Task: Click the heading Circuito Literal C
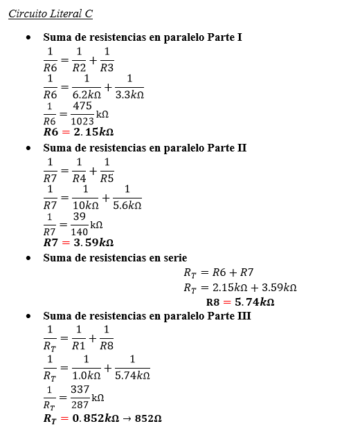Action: click(x=51, y=14)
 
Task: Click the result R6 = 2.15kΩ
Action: click(x=78, y=132)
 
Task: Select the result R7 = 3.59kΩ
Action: click(x=78, y=243)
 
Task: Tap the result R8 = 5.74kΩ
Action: click(x=240, y=302)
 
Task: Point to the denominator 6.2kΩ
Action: click(x=87, y=95)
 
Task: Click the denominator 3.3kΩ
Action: click(x=129, y=95)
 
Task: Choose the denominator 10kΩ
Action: click(x=85, y=205)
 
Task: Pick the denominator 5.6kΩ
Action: click(x=127, y=205)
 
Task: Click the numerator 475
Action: click(x=82, y=107)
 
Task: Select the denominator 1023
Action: click(x=82, y=121)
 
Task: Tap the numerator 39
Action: click(x=80, y=217)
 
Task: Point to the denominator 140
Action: click(x=80, y=232)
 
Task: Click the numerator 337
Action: click(x=80, y=390)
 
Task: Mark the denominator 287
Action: click(x=80, y=405)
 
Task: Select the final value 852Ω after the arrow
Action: click(x=148, y=418)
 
